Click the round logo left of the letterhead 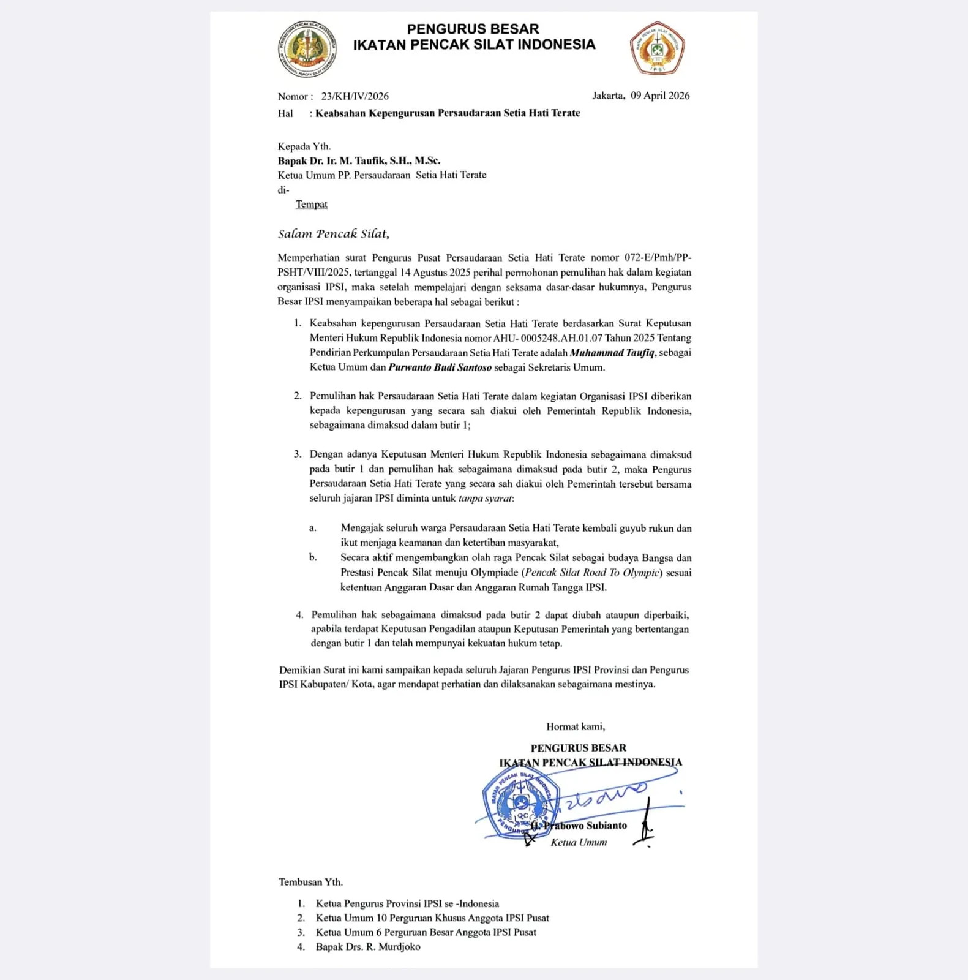[x=307, y=49]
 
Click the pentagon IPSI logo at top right [x=657, y=48]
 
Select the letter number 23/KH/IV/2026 [x=355, y=96]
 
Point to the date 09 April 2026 [x=659, y=96]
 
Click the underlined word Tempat [x=311, y=205]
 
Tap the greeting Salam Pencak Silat [x=333, y=234]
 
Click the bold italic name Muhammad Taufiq [x=612, y=353]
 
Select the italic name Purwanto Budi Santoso [x=440, y=367]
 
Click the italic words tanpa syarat [x=485, y=499]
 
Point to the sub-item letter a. [x=313, y=528]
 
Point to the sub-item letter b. [x=313, y=557]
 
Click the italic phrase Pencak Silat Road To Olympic [x=592, y=573]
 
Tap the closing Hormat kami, [x=576, y=727]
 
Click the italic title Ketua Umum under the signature [x=579, y=843]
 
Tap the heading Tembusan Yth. [x=310, y=883]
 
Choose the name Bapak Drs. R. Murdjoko [x=368, y=947]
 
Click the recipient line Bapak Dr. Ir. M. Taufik [x=359, y=161]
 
